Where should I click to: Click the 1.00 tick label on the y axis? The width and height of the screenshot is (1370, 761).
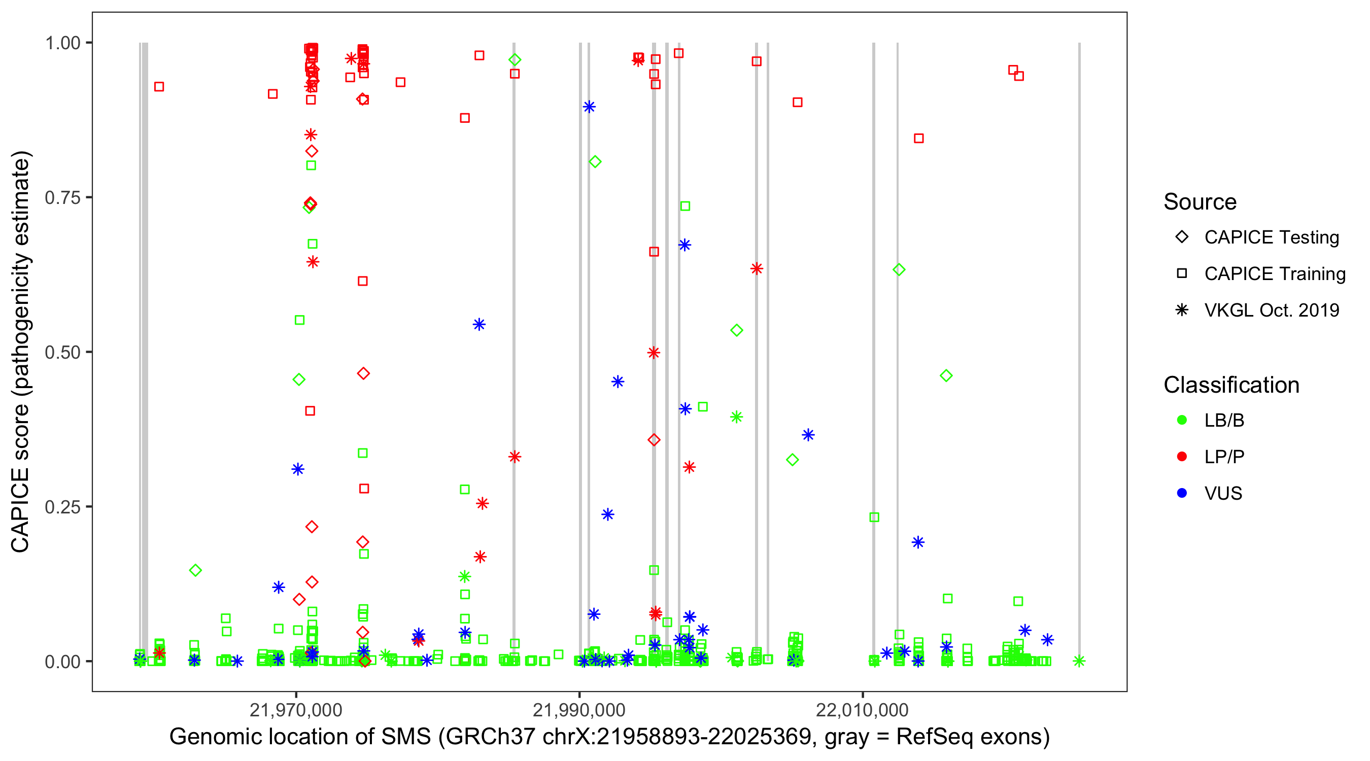tap(62, 43)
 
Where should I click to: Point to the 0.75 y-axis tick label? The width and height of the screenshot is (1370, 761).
tap(62, 197)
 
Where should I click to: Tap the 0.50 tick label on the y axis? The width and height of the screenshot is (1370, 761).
tap(62, 352)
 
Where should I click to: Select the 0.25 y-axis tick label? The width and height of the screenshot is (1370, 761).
tap(62, 506)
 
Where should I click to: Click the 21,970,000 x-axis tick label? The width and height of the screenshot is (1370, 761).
tap(296, 709)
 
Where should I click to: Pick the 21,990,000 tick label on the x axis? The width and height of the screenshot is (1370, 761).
tap(579, 709)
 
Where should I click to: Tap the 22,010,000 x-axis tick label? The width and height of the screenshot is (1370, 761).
tap(862, 709)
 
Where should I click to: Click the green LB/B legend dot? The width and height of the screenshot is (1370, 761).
tap(1182, 420)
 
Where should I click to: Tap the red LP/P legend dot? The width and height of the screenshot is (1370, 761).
tap(1182, 457)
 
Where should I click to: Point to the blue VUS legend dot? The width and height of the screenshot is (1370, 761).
tap(1182, 493)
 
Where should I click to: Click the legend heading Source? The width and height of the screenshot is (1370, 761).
tap(1200, 202)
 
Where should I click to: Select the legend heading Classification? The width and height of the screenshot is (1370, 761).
tap(1231, 385)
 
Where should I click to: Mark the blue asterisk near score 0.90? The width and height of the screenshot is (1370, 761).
tap(589, 107)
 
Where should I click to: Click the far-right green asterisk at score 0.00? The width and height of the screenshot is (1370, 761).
tap(1079, 661)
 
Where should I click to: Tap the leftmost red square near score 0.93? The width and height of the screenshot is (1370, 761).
tap(159, 87)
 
